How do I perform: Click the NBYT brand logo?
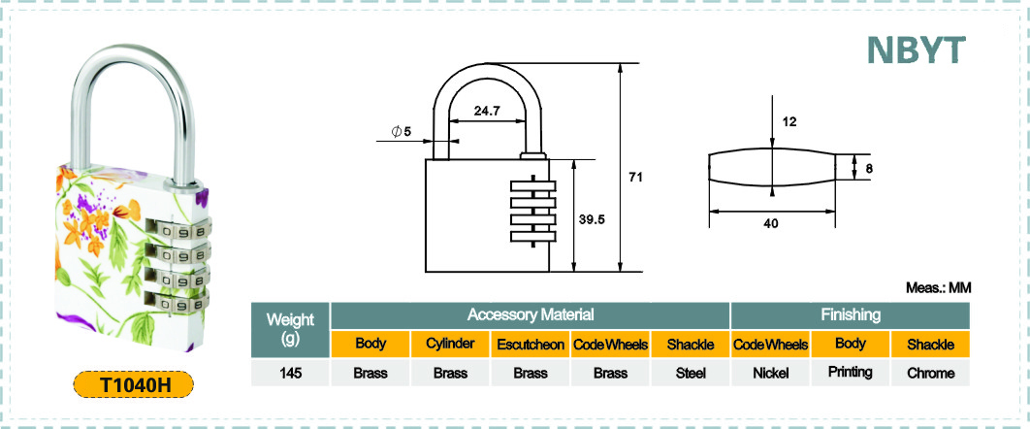pyautogui.click(x=917, y=49)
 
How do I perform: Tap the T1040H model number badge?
pyautogui.click(x=133, y=384)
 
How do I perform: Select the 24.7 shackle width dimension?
pyautogui.click(x=488, y=111)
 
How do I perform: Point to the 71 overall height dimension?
pyautogui.click(x=634, y=178)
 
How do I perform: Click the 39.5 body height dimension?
pyautogui.click(x=592, y=219)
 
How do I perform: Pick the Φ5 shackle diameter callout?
pyautogui.click(x=401, y=131)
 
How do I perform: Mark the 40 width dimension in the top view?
pyautogui.click(x=771, y=223)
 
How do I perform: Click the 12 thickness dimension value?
pyautogui.click(x=789, y=121)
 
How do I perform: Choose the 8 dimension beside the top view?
pyautogui.click(x=869, y=168)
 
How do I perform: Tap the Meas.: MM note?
pyautogui.click(x=938, y=287)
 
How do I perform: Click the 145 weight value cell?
pyautogui.click(x=290, y=373)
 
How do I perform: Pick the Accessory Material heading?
pyautogui.click(x=531, y=315)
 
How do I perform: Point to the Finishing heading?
pyautogui.click(x=851, y=315)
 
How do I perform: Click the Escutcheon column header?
pyautogui.click(x=531, y=345)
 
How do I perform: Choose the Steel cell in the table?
pyautogui.click(x=691, y=373)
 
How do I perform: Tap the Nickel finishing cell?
pyautogui.click(x=770, y=373)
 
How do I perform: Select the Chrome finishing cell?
pyautogui.click(x=930, y=373)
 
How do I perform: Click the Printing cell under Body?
pyautogui.click(x=851, y=373)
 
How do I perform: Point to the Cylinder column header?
pyautogui.click(x=451, y=345)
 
